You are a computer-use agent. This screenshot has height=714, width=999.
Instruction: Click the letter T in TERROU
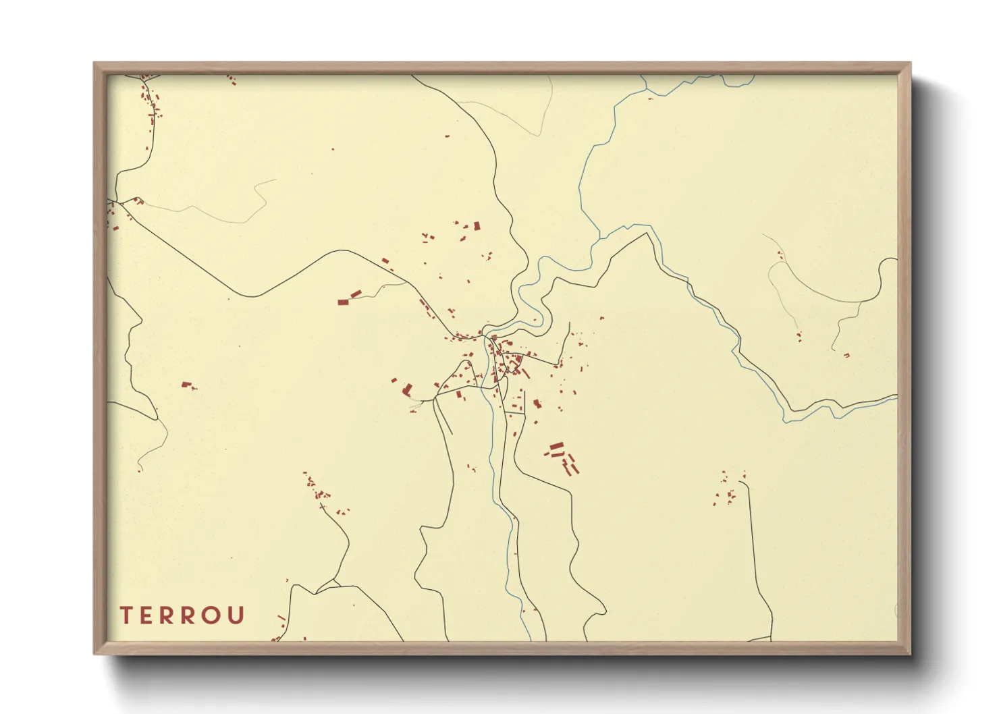[126, 615]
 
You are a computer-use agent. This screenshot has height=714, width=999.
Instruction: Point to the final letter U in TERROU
[236, 615]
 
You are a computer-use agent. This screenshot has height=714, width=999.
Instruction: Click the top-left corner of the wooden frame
[94, 63]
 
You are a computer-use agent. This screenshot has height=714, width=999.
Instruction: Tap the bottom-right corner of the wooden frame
[910, 653]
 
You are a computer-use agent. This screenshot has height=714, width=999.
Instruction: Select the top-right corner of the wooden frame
[910, 63]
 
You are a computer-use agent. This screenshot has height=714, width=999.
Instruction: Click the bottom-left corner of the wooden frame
[94, 653]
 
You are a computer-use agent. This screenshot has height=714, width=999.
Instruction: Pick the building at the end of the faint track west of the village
[350, 298]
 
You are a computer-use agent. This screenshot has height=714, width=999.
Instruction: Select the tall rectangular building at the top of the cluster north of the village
[477, 226]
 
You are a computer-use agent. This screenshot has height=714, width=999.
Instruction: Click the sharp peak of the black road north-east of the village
[648, 234]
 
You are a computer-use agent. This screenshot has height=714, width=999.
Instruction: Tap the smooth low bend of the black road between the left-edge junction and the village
[253, 296]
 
